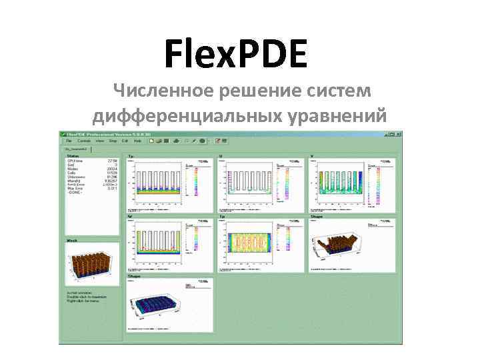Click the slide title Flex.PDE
click(x=236, y=55)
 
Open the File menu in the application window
click(x=69, y=141)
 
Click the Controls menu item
click(x=84, y=141)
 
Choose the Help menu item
click(x=137, y=141)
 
